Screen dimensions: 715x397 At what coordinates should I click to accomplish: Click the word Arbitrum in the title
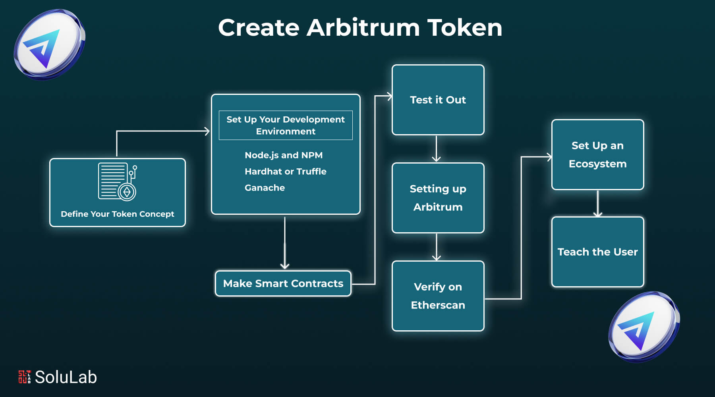[x=363, y=28]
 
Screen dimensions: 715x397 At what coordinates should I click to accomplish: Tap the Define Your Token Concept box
[x=118, y=193]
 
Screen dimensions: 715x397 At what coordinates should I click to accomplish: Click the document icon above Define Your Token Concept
[x=118, y=181]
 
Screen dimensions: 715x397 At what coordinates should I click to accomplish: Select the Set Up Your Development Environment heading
[x=286, y=125]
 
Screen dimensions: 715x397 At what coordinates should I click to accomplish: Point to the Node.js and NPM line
[x=284, y=155]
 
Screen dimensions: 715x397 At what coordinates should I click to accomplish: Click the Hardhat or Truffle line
[x=286, y=172]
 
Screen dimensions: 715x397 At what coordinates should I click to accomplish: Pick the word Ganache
[x=265, y=188]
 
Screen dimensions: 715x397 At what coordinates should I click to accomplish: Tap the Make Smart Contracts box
[x=283, y=283]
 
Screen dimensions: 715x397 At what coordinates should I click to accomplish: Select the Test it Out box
[x=438, y=100]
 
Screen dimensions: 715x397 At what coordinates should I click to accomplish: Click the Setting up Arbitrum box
[x=438, y=198]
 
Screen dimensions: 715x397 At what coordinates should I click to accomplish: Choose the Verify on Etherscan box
[x=438, y=296]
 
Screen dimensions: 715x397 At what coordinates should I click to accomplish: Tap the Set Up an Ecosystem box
[x=597, y=154]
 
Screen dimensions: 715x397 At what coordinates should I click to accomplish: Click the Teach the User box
[x=597, y=252]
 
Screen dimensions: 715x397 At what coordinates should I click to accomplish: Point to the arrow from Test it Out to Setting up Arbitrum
[x=436, y=149]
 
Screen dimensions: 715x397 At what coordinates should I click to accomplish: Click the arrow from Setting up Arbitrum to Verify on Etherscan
[x=436, y=247]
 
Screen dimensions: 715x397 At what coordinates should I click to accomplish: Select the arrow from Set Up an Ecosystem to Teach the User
[x=597, y=204]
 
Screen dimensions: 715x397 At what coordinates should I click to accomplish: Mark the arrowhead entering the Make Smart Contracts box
[x=284, y=266]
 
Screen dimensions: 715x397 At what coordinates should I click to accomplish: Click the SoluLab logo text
[x=66, y=377]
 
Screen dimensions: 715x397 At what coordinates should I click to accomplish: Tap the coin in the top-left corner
[x=49, y=44]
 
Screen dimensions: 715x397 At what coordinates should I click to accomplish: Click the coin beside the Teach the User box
[x=644, y=327]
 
